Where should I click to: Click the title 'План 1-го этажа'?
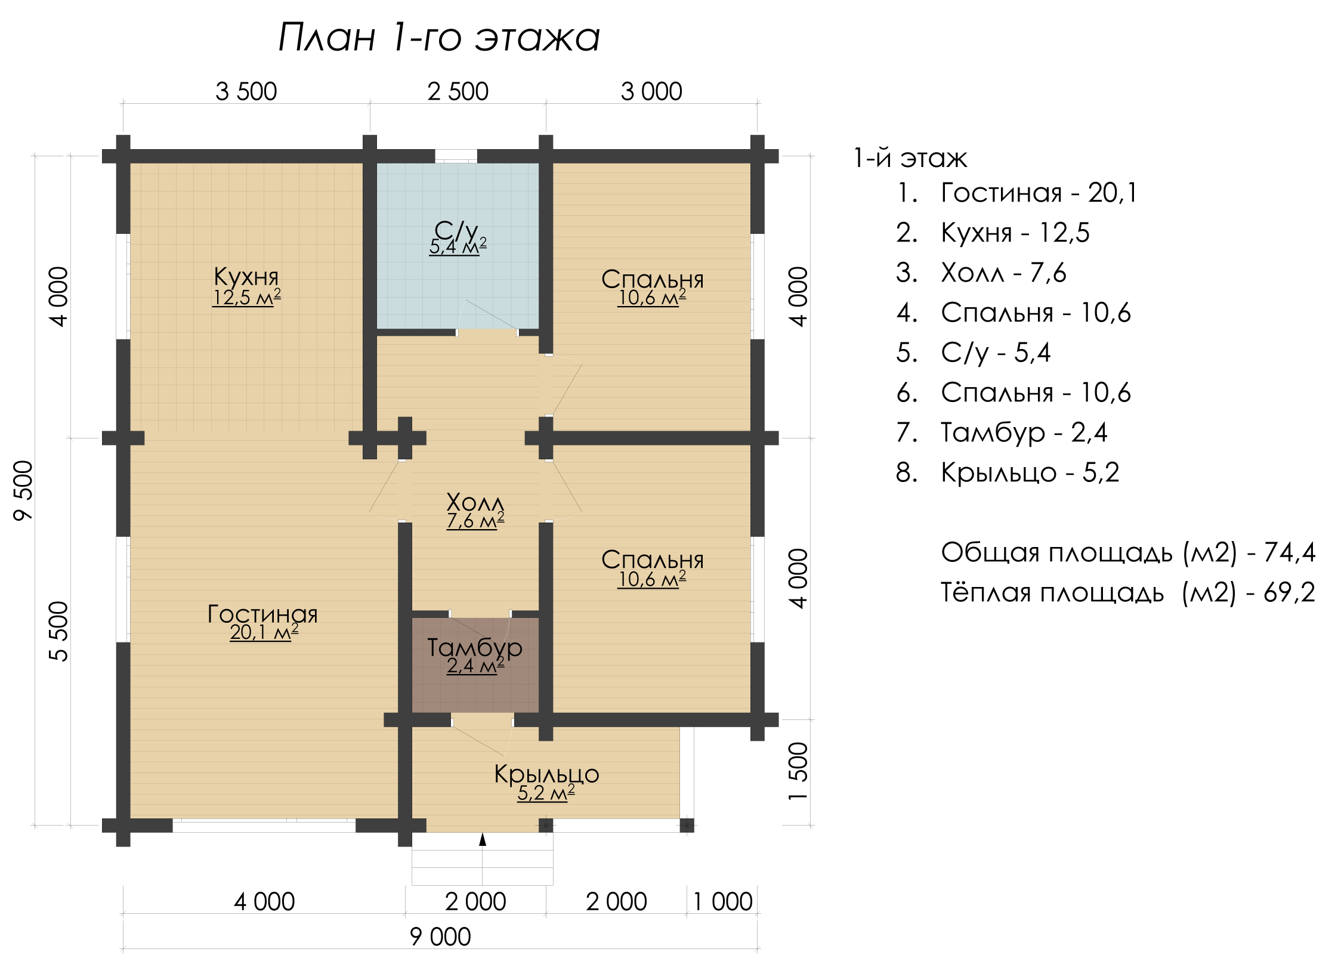click(x=439, y=38)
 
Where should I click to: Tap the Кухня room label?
click(x=246, y=277)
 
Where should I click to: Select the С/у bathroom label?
click(x=456, y=231)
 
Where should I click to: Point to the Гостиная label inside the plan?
click(x=262, y=614)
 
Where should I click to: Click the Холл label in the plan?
click(x=475, y=502)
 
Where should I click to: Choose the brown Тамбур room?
click(x=475, y=665)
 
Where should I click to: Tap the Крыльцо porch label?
click(x=546, y=774)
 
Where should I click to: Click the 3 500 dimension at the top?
click(x=246, y=92)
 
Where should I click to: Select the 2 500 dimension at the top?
click(x=458, y=92)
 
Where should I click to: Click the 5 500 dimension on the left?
click(x=58, y=631)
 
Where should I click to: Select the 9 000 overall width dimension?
click(x=440, y=937)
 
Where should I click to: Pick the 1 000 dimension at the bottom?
click(x=723, y=902)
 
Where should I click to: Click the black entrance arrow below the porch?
click(x=483, y=839)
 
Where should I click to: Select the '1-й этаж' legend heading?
click(x=910, y=158)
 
